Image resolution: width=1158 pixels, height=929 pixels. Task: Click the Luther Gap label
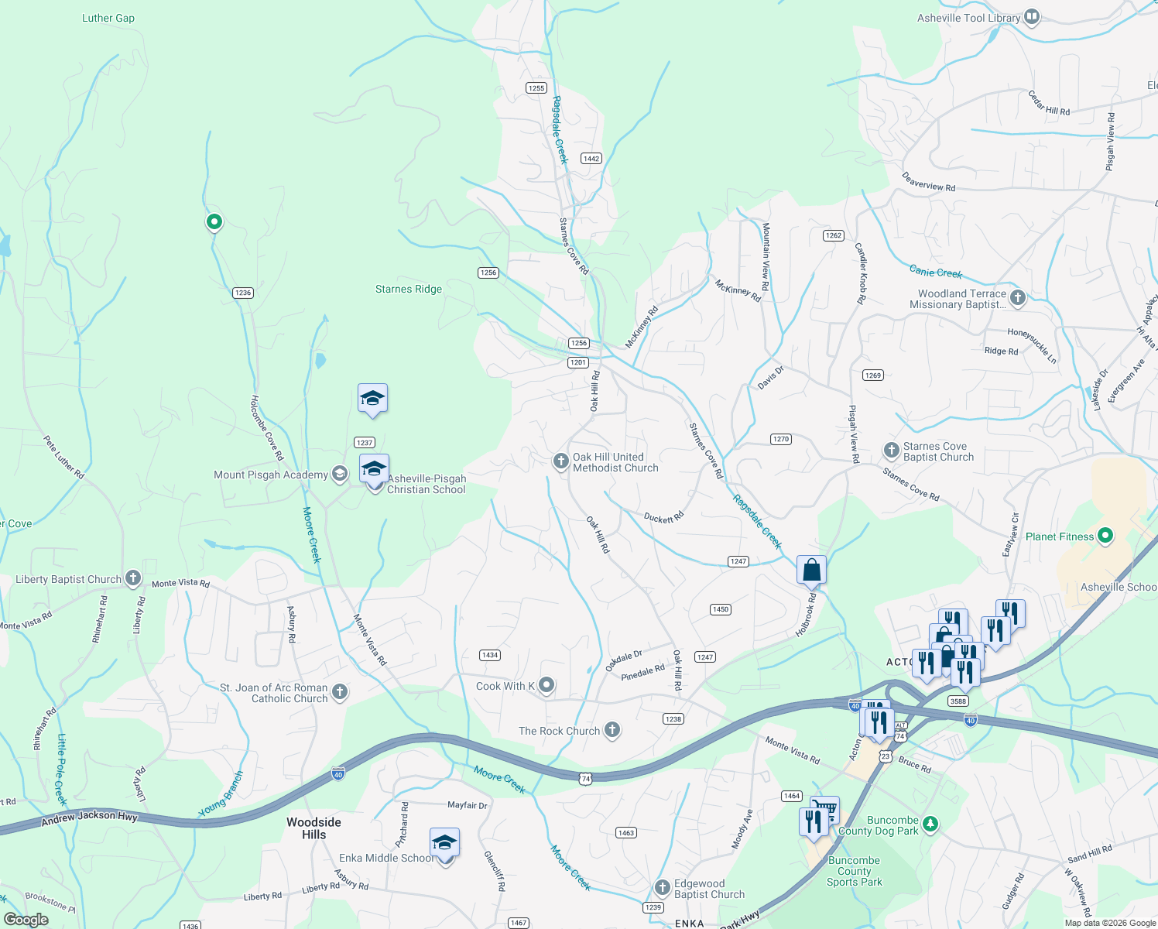[x=108, y=18]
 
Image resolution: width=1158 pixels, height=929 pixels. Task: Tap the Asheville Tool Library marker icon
[x=1031, y=17]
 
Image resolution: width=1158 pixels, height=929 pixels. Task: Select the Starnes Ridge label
[x=408, y=290]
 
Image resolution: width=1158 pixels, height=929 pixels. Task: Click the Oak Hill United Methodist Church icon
[x=560, y=462]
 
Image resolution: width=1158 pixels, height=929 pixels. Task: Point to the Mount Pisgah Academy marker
[x=339, y=474]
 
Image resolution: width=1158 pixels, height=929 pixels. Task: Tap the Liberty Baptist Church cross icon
[x=133, y=578]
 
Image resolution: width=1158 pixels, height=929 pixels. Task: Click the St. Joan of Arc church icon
[x=339, y=691]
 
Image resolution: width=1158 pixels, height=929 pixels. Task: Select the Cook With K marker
[x=546, y=685]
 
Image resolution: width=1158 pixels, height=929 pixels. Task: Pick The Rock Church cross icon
[x=612, y=730]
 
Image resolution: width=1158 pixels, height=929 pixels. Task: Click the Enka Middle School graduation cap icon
[x=444, y=842]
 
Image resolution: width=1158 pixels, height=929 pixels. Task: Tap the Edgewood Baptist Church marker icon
[x=662, y=888]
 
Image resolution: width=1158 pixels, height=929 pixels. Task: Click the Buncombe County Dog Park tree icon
[x=930, y=824]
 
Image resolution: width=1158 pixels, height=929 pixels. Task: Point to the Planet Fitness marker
[x=1105, y=536]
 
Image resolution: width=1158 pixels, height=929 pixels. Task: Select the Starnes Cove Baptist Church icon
[x=891, y=451]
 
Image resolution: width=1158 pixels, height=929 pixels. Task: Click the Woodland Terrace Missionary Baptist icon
[x=1018, y=297]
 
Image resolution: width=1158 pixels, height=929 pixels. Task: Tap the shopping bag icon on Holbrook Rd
[x=811, y=570]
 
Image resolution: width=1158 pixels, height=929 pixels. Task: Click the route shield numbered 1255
[x=536, y=88]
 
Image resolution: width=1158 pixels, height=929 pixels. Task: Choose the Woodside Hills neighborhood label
[x=313, y=828]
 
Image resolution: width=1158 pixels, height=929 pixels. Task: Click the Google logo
[x=26, y=920]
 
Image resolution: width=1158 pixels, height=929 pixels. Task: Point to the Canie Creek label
[x=935, y=273]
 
